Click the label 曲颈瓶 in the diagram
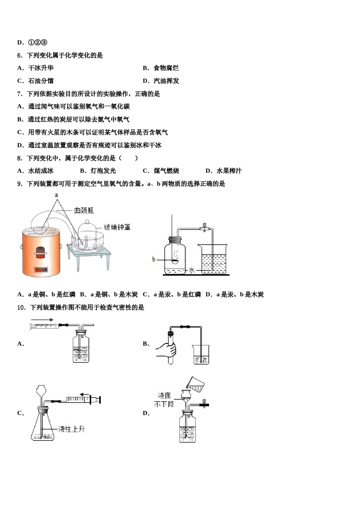(x=84, y=210)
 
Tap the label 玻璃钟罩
(x=117, y=227)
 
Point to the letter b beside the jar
(x=153, y=259)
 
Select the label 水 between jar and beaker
(x=192, y=270)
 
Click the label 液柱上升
(x=72, y=429)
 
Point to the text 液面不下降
(x=164, y=400)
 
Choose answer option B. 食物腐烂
(x=161, y=68)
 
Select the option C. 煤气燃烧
(x=161, y=171)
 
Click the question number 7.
(x=20, y=94)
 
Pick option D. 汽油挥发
(x=161, y=81)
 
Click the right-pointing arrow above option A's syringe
(x=42, y=319)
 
